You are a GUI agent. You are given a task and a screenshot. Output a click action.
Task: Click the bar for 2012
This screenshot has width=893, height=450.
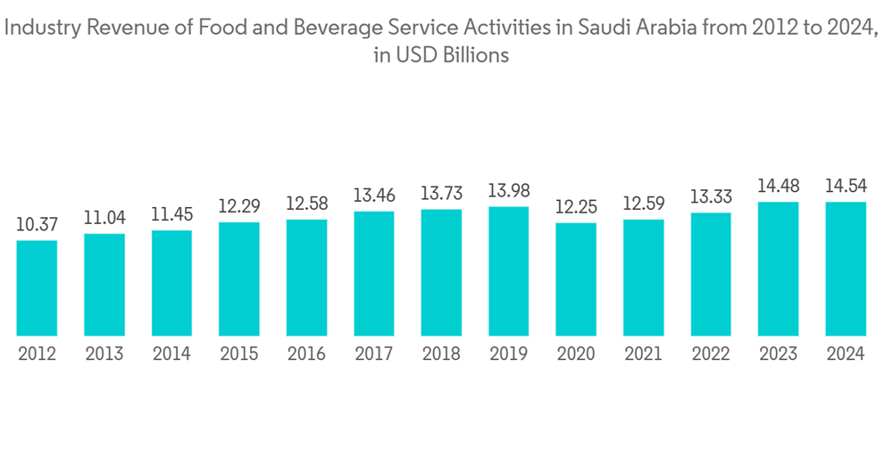pos(37,288)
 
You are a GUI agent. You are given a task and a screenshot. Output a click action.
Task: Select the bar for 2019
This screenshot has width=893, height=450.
pos(508,271)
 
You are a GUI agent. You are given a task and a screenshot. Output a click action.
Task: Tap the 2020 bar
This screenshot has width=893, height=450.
pos(576,279)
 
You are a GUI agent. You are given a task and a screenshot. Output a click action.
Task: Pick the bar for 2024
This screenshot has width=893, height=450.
pos(846,269)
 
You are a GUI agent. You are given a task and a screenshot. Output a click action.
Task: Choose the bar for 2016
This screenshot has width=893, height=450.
pos(306,278)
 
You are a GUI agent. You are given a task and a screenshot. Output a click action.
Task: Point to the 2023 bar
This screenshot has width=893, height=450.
pos(778,269)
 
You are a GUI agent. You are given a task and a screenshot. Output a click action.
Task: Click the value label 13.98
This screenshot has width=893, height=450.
pos(508,190)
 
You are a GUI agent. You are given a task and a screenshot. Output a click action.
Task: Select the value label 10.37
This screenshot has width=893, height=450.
pos(37,224)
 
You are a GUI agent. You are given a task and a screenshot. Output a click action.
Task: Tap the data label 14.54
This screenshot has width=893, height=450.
pos(846,186)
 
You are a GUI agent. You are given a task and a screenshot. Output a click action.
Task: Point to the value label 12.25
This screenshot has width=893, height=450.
pos(576,206)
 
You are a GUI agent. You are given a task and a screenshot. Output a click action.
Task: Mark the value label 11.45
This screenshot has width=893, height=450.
pos(171,214)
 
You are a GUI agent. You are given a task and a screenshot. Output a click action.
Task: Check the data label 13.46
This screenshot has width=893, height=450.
pos(373,195)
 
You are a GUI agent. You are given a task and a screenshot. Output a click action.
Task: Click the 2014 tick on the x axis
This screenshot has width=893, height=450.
pos(171,354)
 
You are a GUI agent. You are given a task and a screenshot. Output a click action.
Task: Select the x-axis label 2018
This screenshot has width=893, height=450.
pos(441,354)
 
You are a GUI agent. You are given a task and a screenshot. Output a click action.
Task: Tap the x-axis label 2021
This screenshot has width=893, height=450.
pos(643,354)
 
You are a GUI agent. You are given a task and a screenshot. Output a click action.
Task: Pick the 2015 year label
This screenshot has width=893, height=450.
pos(238,354)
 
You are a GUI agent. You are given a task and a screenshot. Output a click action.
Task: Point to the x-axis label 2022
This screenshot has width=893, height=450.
pos(711,354)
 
